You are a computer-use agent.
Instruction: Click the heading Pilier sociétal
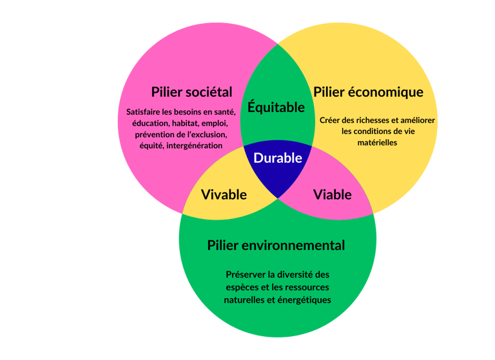tap(191, 91)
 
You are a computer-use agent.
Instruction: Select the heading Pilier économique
tap(368, 92)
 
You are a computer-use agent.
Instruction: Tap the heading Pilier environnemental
tap(276, 245)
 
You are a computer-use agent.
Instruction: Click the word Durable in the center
tap(278, 158)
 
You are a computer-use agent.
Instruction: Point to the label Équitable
tap(277, 108)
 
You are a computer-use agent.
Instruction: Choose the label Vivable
tap(224, 194)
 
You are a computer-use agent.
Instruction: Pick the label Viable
tap(332, 194)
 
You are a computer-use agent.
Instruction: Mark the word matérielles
tap(377, 142)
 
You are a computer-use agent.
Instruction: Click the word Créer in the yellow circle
tap(330, 120)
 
